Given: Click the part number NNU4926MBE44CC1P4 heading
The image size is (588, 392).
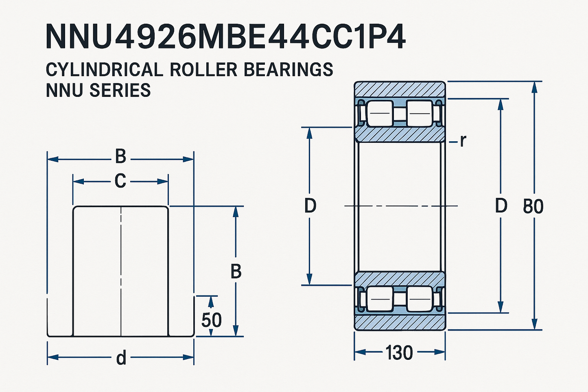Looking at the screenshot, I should pos(225,37).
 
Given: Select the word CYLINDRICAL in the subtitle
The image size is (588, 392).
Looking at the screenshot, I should pos(104,70).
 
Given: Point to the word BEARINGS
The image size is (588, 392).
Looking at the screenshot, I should pos(288,70).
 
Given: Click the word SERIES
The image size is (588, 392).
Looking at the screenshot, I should pos(120,90).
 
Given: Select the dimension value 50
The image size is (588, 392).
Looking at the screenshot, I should pos(212,320).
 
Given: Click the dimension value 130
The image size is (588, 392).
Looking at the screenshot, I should pos(399,353).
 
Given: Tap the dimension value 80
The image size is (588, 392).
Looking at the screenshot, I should pos(533,206).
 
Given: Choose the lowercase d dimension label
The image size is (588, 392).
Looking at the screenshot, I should pos(121,358).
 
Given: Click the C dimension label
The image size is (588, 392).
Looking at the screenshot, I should pos(120,181).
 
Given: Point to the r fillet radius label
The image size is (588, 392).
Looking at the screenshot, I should pos(463,141).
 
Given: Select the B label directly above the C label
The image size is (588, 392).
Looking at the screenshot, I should pos(120,157).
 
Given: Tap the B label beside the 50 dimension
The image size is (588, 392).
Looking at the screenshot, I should pos(236,272).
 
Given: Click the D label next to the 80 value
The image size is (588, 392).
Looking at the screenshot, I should pos(501,206).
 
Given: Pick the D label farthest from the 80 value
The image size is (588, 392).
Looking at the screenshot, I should pos(310,206).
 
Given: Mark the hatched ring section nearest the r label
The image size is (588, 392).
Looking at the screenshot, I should pos(400,134).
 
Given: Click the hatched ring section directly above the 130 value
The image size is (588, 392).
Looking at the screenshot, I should pos(400,322).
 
